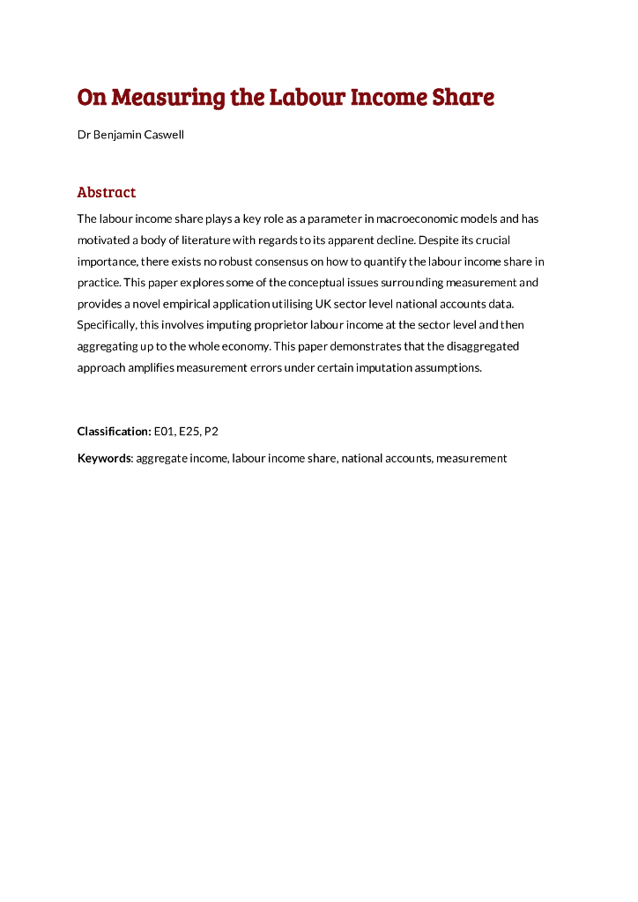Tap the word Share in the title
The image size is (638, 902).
click(463, 97)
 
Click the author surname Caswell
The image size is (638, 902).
click(162, 136)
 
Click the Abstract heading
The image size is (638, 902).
click(107, 192)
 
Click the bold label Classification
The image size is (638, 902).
click(115, 432)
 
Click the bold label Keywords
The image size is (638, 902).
click(104, 458)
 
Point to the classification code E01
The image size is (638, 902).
click(165, 432)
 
